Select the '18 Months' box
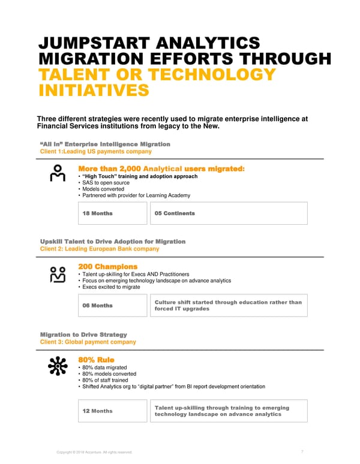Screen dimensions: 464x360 112,213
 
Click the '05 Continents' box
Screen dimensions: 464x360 227,213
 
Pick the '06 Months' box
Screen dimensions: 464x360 112,306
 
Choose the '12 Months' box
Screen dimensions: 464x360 112,411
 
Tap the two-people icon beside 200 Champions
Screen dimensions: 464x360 58,274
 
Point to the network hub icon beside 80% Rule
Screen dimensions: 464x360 58,366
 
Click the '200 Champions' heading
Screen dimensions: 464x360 107,266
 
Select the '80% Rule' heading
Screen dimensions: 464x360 96,360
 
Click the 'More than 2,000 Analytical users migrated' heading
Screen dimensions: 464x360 161,168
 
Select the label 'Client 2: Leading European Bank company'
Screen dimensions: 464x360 99,249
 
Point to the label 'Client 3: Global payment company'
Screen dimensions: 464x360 88,342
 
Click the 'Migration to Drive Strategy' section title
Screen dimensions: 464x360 83,334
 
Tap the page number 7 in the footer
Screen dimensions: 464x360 301,452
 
